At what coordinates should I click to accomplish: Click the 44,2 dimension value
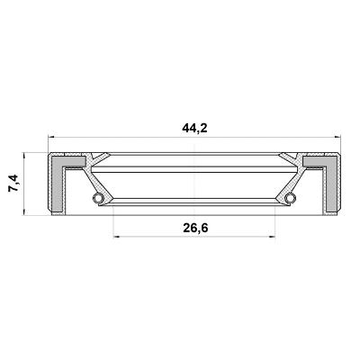[x=194, y=129]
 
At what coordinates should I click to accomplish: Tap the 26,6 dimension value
[x=195, y=229]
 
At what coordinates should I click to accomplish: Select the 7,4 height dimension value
[x=13, y=183]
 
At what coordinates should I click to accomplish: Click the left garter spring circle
[x=97, y=197]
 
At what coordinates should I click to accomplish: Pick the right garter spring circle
[x=291, y=197]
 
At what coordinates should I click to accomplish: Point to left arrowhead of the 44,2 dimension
[x=51, y=138]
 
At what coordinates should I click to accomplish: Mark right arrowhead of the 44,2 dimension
[x=337, y=138]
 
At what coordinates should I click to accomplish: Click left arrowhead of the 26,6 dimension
[x=117, y=237]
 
